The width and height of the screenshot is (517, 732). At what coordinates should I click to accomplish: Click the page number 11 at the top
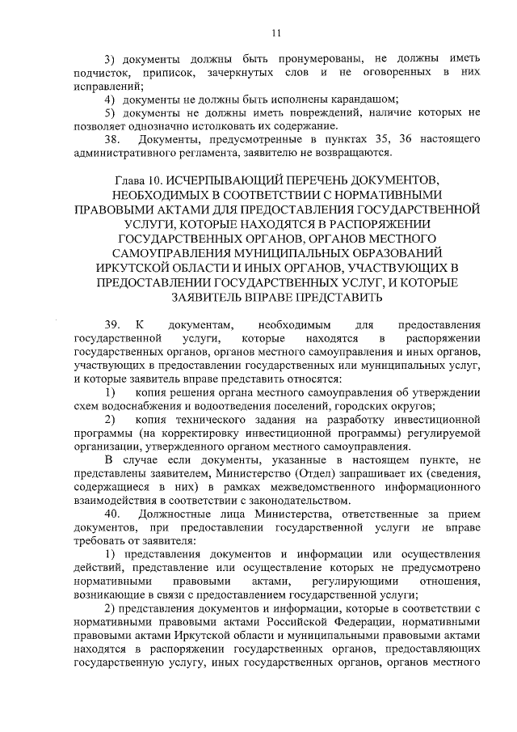[x=275, y=33]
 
